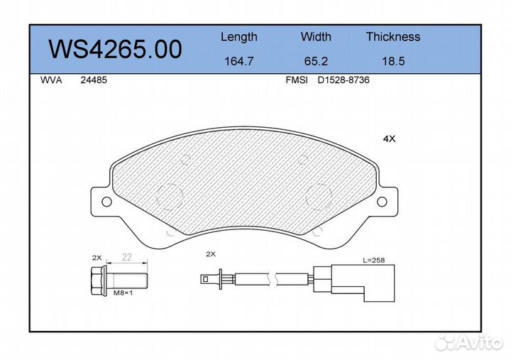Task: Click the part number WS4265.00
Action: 115,49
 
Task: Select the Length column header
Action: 239,37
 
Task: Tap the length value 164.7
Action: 239,61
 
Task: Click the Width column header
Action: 316,36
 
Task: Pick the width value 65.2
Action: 316,61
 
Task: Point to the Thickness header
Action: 393,36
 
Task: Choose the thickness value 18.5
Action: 393,61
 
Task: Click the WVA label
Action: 51,80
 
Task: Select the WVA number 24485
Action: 94,80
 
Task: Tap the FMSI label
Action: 297,80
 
